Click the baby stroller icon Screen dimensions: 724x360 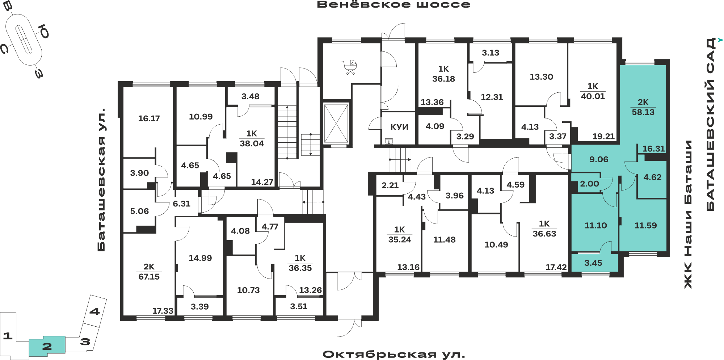[x=350, y=67]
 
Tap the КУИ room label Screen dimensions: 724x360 [x=399, y=127]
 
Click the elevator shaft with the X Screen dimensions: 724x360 [x=336, y=124]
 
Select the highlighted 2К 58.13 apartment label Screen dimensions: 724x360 [x=643, y=107]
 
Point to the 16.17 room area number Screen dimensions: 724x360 [x=149, y=118]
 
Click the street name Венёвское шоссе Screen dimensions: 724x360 [x=393, y=5]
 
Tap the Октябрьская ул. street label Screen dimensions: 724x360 [x=394, y=354]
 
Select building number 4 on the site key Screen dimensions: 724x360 [x=94, y=311]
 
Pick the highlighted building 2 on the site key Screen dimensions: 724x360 [x=47, y=346]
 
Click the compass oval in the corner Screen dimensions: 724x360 [x=24, y=40]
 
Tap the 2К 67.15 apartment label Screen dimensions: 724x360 [x=149, y=272]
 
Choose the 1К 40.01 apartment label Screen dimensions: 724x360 [x=593, y=91]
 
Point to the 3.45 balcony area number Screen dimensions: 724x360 [x=593, y=263]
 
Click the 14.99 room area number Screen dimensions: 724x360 [x=200, y=258]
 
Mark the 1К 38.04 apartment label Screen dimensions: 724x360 [x=252, y=139]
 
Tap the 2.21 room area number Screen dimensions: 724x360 [x=390, y=185]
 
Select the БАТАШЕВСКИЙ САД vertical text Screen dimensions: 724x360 [x=711, y=124]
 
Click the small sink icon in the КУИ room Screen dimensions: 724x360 [x=389, y=141]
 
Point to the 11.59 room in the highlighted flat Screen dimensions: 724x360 [x=645, y=225]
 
